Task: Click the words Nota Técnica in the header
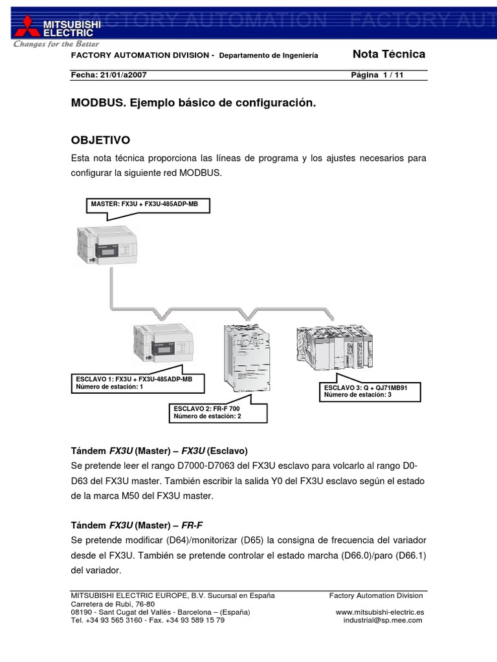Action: [x=388, y=54]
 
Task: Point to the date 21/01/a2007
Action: [x=124, y=75]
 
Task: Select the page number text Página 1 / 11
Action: [x=377, y=75]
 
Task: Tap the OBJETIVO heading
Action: [x=100, y=140]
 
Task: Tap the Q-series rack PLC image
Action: [x=334, y=347]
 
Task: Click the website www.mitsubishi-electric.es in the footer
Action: [x=380, y=612]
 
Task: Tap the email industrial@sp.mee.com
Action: [x=382, y=620]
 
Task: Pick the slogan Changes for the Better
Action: [x=57, y=45]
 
